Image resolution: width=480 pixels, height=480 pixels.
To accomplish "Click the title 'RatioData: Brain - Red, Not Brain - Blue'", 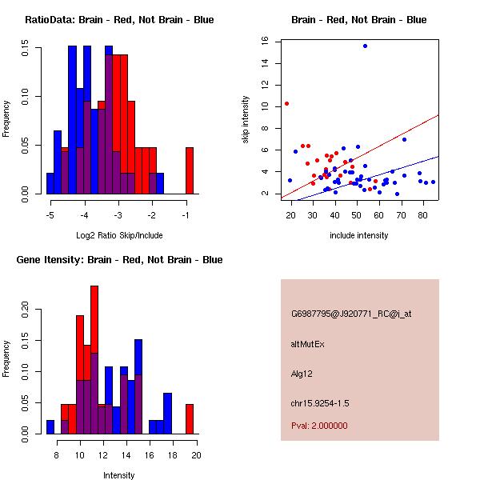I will pyautogui.click(x=119, y=20).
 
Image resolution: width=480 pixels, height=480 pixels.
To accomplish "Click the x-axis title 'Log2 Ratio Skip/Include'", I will pyautogui.click(x=118, y=235).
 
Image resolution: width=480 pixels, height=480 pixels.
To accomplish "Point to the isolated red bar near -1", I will pyautogui.click(x=190, y=170).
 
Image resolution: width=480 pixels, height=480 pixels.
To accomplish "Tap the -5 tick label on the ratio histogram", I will pyautogui.click(x=50, y=216).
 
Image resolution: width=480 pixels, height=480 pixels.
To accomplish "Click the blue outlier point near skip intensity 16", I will pyautogui.click(x=365, y=46).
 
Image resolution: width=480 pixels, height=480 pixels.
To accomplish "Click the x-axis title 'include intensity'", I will pyautogui.click(x=359, y=235).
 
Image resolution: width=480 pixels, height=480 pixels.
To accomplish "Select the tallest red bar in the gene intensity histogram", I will pyautogui.click(x=94, y=358).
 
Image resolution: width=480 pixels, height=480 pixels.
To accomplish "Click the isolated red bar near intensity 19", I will pyautogui.click(x=190, y=418).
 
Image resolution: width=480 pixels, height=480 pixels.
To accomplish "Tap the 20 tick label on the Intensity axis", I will pyautogui.click(x=195, y=456).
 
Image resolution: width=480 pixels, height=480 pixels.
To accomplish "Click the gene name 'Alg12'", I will pyautogui.click(x=301, y=374).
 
